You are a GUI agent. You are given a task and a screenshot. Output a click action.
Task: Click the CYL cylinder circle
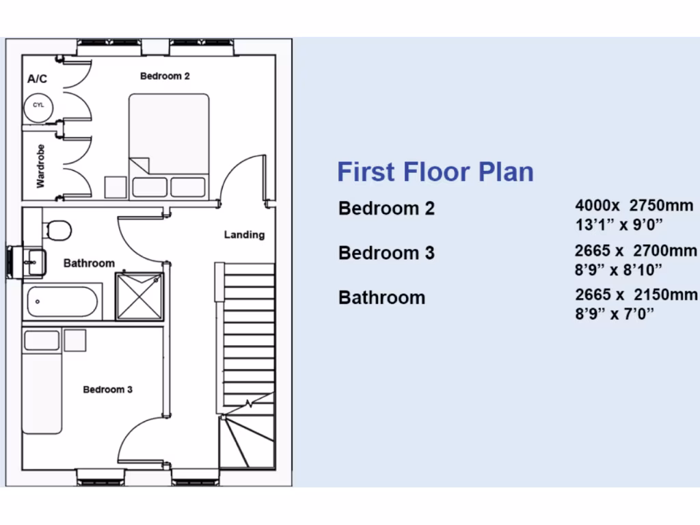click(38, 106)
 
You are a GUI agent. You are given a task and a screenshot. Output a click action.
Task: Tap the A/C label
click(37, 79)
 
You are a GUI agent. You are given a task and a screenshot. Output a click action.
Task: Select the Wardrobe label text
click(41, 166)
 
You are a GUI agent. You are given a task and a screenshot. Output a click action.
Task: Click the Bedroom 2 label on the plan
click(165, 76)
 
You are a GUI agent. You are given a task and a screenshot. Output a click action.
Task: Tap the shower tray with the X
click(139, 296)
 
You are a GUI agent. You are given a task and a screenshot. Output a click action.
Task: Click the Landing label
click(244, 234)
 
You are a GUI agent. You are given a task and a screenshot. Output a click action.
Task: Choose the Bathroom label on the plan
click(89, 263)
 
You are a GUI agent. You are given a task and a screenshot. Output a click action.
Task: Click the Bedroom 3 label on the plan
click(107, 390)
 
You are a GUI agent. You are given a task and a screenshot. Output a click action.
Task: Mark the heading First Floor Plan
click(435, 171)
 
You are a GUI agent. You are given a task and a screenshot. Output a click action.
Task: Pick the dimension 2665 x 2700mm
click(636, 251)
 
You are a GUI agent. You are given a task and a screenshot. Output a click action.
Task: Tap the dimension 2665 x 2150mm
click(636, 295)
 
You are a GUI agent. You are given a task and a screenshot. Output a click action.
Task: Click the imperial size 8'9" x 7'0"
click(615, 314)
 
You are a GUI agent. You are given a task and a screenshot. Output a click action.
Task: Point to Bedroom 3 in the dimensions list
click(386, 253)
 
